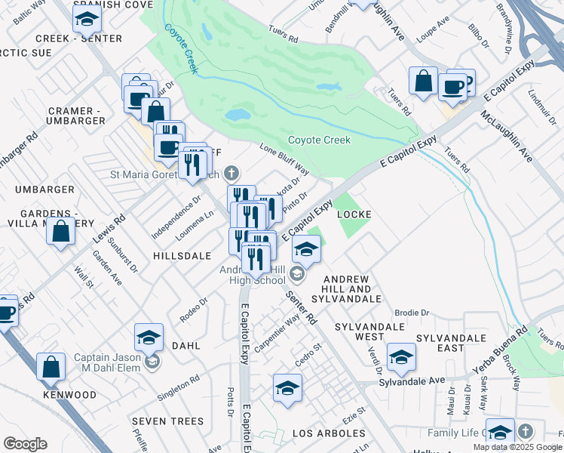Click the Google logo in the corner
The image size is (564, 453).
coord(25,444)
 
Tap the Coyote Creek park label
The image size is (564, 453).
coord(319,140)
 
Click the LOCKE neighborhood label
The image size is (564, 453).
coord(354,214)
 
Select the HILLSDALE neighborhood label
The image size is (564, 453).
coord(182,256)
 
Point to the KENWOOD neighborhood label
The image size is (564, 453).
coord(69,395)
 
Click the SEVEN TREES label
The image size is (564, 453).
coord(167,421)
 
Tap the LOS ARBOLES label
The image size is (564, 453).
coord(329,433)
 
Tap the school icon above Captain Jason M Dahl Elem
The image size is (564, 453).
coord(149,337)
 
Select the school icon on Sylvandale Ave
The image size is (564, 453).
coord(401,357)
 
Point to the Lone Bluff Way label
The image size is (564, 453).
coord(284,157)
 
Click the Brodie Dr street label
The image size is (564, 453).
coord(412,312)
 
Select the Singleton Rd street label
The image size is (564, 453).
coord(178,388)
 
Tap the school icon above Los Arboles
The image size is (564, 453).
coord(287,387)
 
